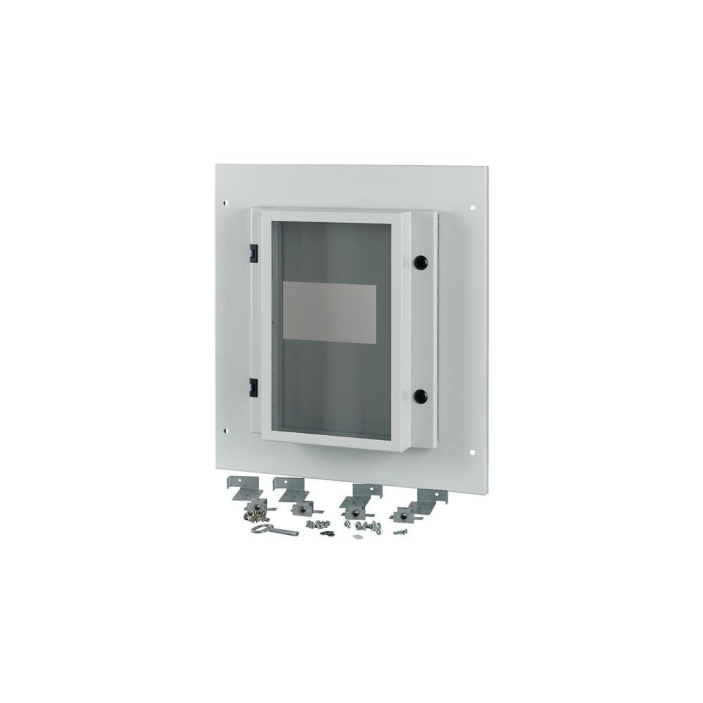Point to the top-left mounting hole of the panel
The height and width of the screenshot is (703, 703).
coord(225,203)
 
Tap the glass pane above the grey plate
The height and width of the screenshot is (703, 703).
coord(330,250)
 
